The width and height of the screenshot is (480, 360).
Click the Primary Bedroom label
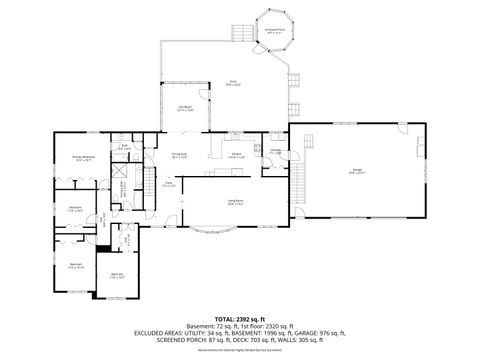click(x=69, y=157)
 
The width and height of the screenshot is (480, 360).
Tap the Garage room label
click(x=356, y=171)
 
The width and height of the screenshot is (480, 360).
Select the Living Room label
click(x=235, y=202)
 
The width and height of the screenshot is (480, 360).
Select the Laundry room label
click(x=274, y=152)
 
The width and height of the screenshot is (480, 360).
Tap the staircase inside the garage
click(x=296, y=181)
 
